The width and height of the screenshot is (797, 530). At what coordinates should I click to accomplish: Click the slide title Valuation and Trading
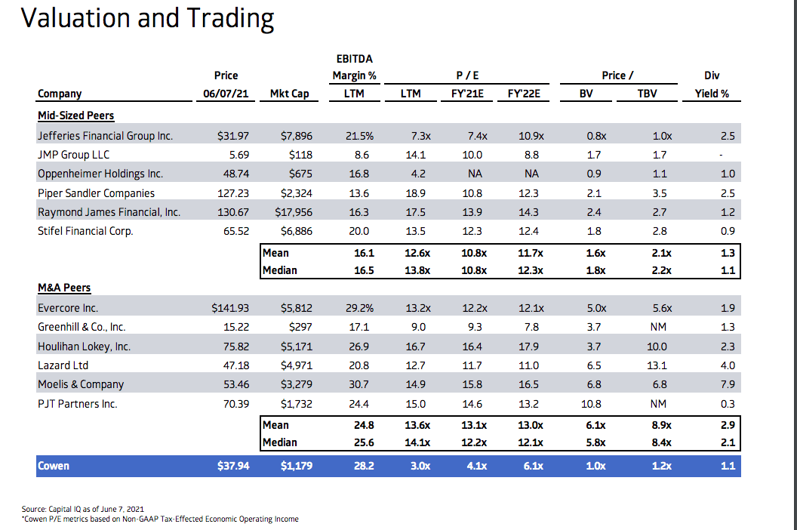click(148, 18)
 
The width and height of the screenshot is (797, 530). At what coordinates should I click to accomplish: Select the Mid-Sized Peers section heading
click(75, 116)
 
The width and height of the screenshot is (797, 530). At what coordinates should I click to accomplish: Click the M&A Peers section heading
click(64, 288)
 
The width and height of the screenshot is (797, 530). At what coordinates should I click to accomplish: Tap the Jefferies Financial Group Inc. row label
click(105, 136)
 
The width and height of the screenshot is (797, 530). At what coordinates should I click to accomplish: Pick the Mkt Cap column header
click(291, 94)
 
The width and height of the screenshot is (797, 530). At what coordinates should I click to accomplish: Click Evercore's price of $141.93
click(230, 308)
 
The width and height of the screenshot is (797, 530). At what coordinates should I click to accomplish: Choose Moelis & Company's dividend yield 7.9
click(728, 384)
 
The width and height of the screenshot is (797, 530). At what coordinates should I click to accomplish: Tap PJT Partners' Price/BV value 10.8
click(594, 404)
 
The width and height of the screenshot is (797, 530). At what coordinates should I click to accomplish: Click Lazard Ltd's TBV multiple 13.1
click(657, 365)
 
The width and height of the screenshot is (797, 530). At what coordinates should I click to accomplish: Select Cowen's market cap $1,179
click(296, 466)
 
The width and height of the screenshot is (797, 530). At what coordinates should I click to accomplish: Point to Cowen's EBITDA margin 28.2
click(364, 466)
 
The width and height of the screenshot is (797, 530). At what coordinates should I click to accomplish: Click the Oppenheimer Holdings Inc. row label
click(100, 174)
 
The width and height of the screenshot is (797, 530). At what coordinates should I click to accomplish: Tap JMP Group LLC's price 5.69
click(236, 155)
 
